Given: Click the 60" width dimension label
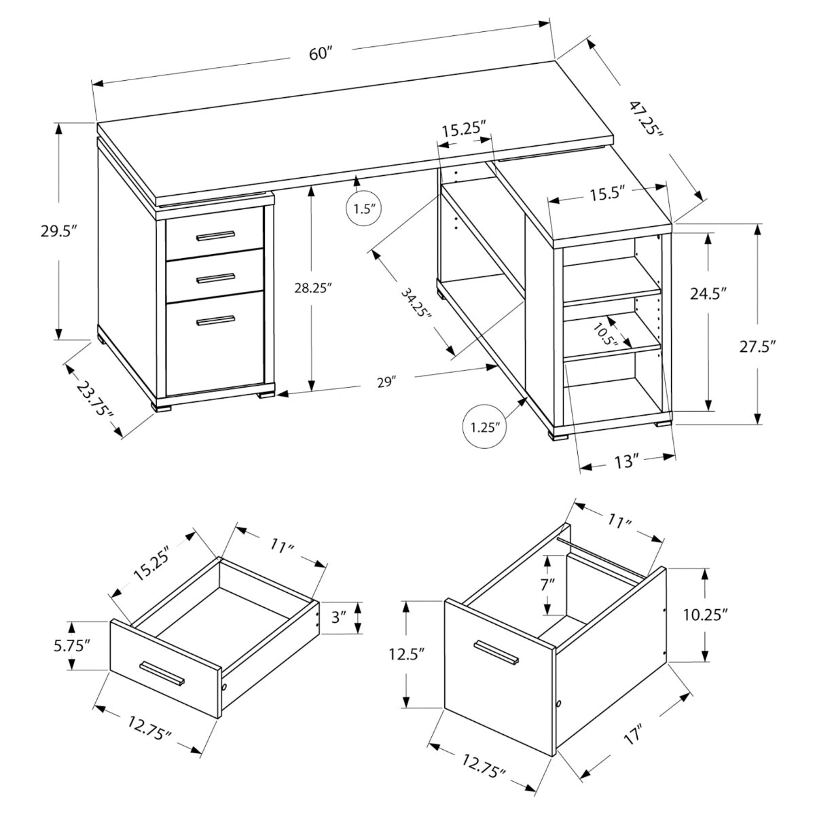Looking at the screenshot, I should click(x=319, y=54).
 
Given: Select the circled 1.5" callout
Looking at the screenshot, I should click(x=364, y=209).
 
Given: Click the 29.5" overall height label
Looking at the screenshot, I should click(x=56, y=231).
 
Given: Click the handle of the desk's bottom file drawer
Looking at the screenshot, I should click(x=215, y=320).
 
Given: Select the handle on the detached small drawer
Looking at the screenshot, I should click(x=162, y=672).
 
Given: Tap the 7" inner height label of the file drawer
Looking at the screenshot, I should click(x=548, y=583).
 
